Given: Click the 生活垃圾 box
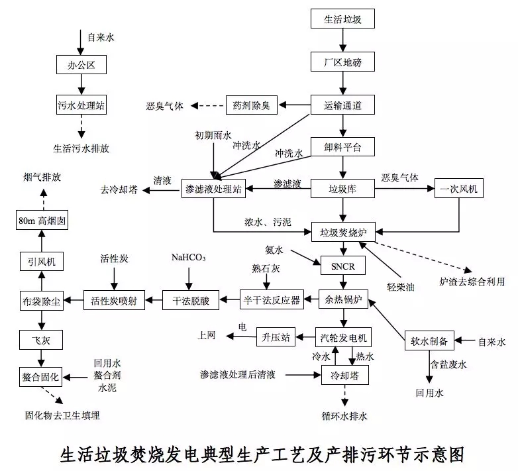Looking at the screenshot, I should click(x=342, y=19).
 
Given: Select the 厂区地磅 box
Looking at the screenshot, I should click(x=342, y=63).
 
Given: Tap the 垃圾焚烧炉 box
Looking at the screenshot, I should click(x=342, y=233).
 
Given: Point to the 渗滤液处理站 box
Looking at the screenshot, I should click(x=213, y=189).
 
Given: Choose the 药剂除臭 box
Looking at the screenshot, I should click(x=252, y=105).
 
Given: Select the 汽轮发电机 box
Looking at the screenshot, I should click(x=342, y=337).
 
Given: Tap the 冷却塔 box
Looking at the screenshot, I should click(x=342, y=375).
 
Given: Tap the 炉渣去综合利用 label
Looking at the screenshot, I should click(x=472, y=282).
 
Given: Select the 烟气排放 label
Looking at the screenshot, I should click(x=41, y=178).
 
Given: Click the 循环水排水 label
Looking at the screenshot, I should click(x=344, y=416).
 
